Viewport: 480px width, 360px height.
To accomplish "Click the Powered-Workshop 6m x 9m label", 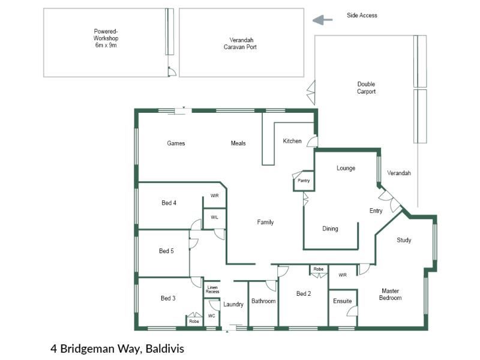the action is [106, 38].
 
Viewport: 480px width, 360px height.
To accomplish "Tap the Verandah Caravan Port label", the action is [241, 43].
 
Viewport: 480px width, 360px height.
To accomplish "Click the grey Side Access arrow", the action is [322, 20].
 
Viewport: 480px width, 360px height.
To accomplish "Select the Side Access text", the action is [362, 16].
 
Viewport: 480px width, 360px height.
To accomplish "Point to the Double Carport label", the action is [366, 88].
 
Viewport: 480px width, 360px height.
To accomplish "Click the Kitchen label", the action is [292, 141].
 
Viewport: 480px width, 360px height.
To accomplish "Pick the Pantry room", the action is [304, 181].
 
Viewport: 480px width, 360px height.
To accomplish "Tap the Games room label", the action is [176, 143].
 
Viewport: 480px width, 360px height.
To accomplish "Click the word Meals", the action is [238, 143].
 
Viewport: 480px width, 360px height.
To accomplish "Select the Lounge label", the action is [346, 168].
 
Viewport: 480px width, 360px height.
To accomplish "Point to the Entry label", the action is [376, 211].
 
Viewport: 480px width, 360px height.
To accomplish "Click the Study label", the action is [404, 240].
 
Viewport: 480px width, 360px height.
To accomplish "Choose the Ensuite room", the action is [343, 308].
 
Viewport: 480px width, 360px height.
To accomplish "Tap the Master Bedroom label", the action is [391, 294].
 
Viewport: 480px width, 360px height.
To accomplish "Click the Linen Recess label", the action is [212, 289].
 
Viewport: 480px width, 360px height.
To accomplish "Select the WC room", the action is [212, 312].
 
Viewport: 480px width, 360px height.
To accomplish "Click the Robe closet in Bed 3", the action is [194, 319].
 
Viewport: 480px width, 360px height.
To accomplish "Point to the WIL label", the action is [214, 217].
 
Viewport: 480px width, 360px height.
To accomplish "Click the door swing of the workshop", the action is [172, 72].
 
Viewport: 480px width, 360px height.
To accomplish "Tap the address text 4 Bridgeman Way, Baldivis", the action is [117, 349].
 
